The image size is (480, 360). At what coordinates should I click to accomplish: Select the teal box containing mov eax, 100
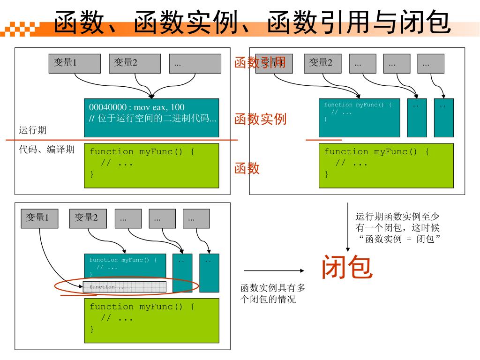(x=151, y=118)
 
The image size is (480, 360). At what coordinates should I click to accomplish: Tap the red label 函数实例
(x=260, y=119)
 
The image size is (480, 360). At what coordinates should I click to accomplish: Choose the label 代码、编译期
(x=46, y=150)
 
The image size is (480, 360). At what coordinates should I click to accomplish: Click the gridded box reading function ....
(x=125, y=287)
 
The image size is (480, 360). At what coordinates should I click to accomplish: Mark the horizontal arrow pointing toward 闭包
(x=274, y=270)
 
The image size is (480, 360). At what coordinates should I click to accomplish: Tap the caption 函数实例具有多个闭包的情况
(x=272, y=294)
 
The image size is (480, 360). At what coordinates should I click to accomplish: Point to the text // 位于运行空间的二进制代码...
(x=153, y=118)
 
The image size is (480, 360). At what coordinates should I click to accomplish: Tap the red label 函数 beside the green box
(x=247, y=168)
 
